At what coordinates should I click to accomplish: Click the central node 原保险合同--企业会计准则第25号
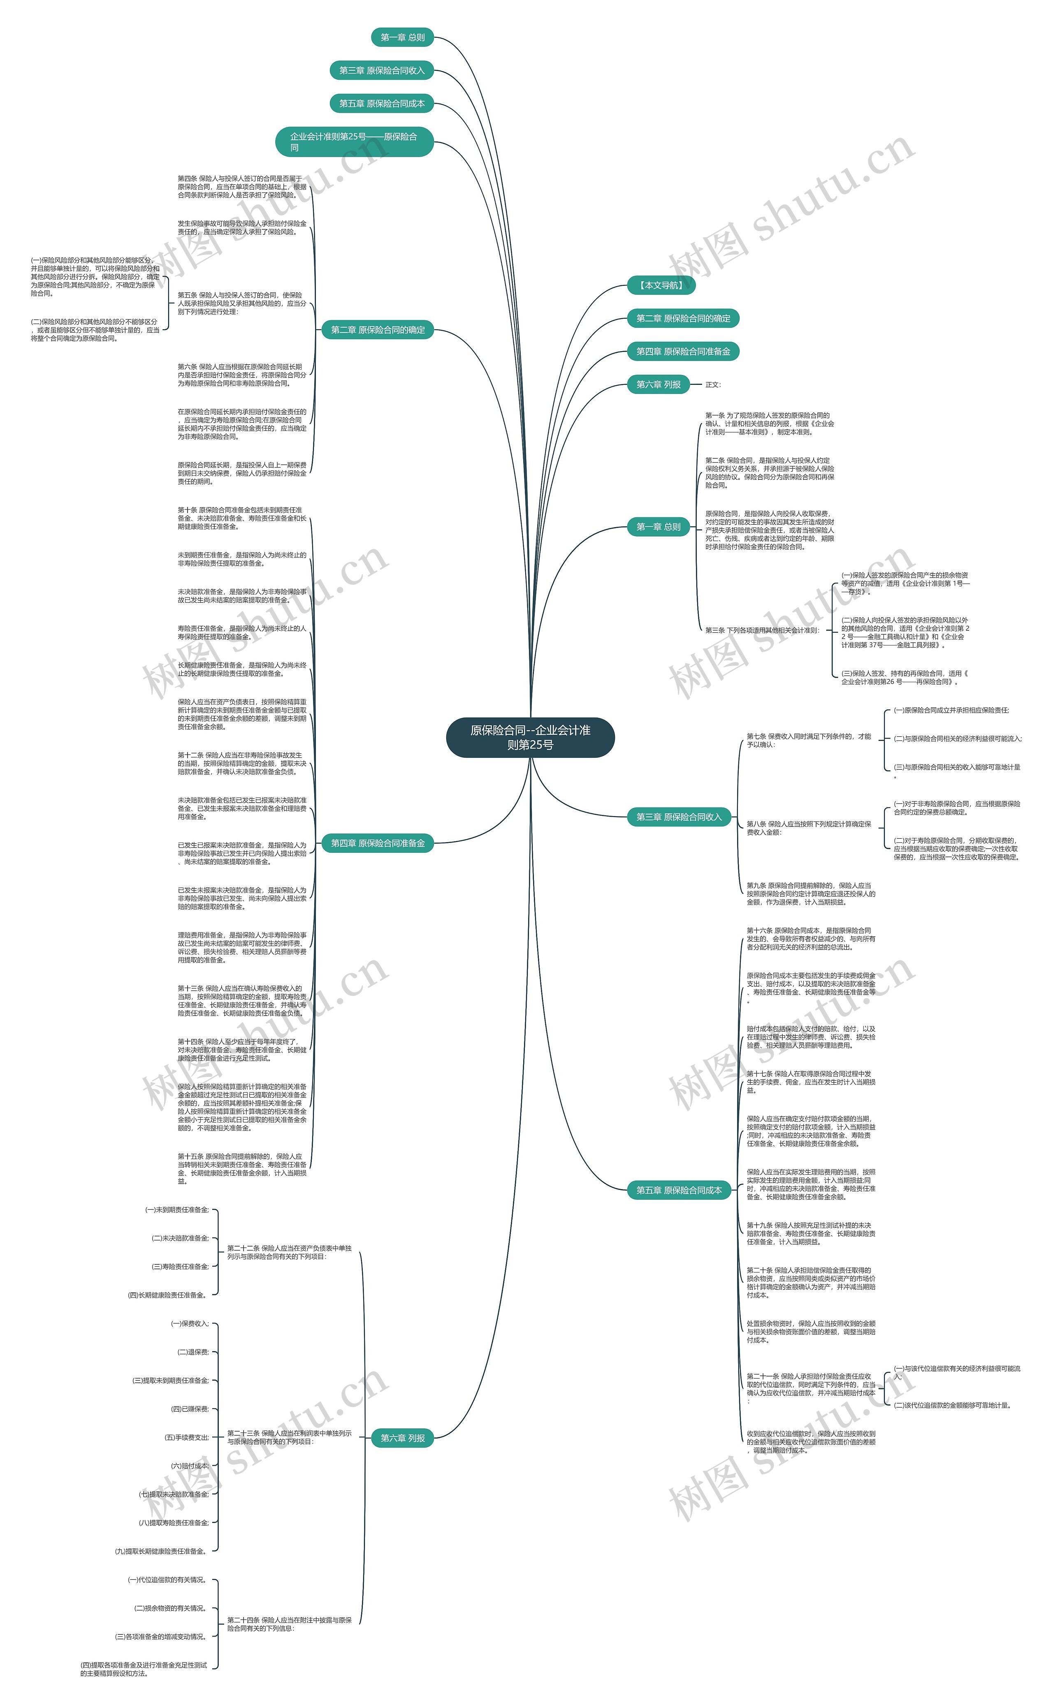(530, 737)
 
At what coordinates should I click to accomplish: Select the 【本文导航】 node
(661, 285)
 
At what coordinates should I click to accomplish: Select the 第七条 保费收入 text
(808, 740)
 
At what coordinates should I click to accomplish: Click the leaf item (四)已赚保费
(190, 1409)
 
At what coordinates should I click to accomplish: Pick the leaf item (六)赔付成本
(190, 1466)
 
